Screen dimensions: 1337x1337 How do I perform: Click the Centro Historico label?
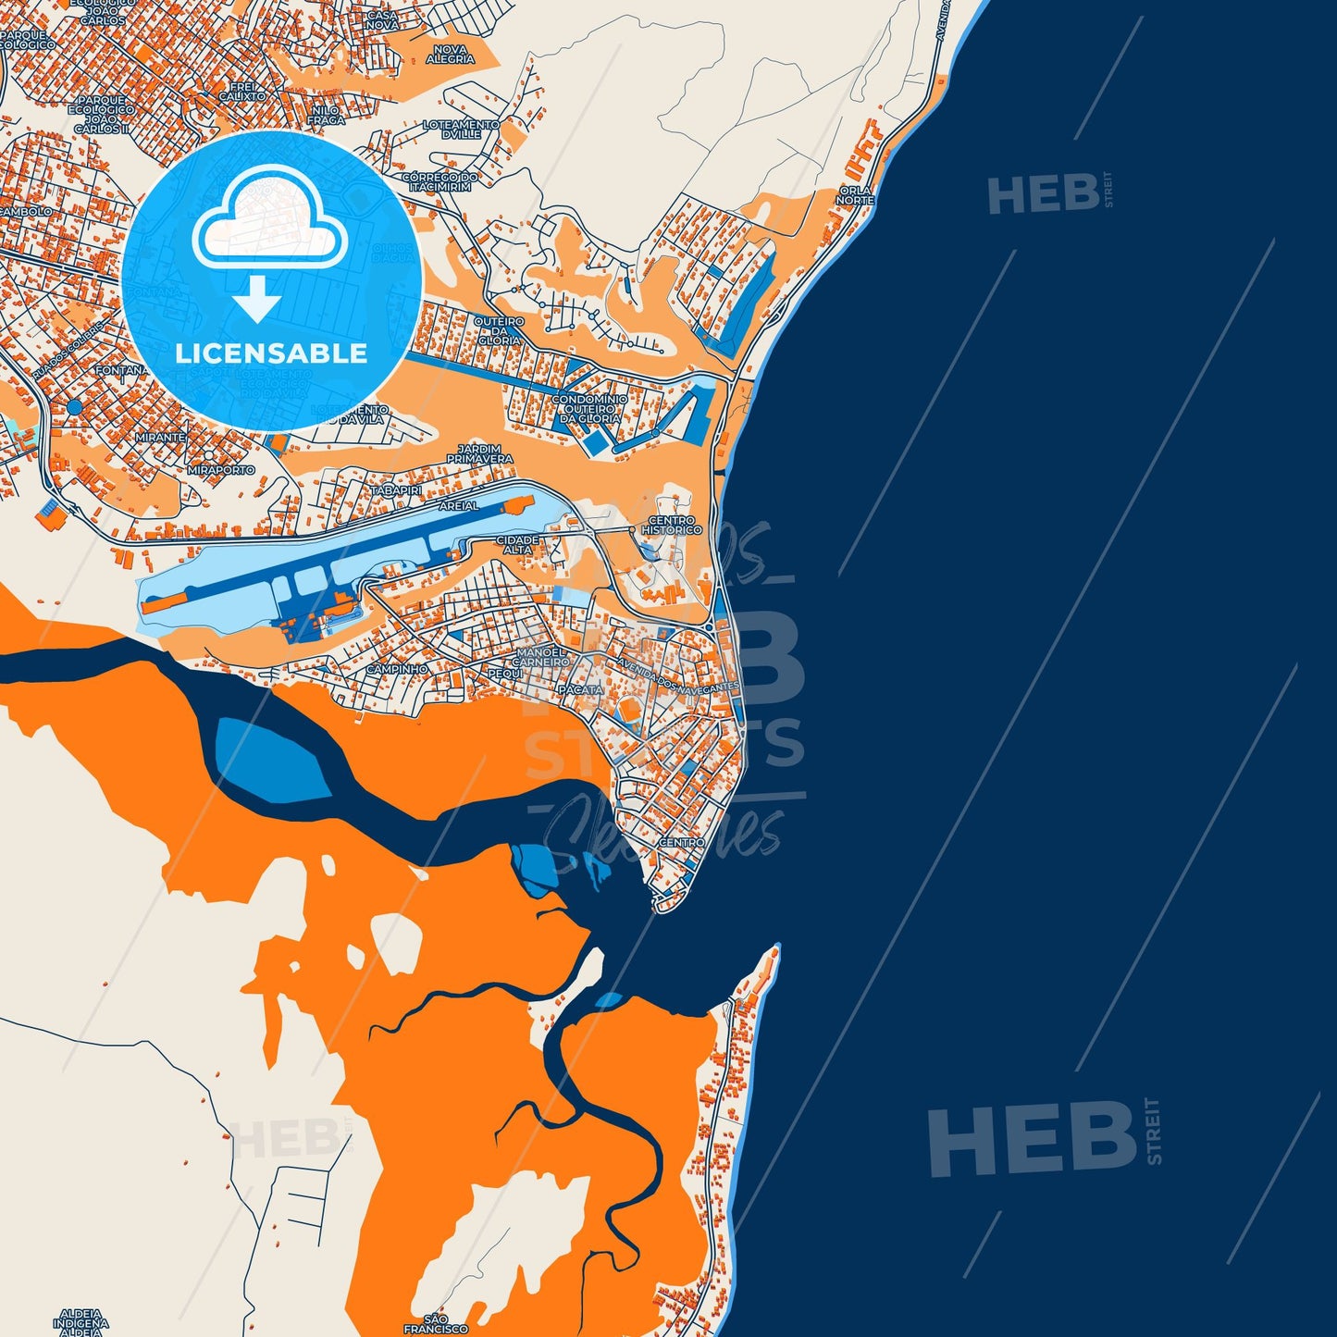[674, 526]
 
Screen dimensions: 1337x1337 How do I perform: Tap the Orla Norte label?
[854, 195]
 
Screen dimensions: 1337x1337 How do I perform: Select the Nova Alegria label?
[451, 55]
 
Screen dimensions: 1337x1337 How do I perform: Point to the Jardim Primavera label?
[479, 454]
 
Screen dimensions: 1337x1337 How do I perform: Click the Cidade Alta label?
[517, 544]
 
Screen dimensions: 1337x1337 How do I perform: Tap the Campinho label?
[397, 669]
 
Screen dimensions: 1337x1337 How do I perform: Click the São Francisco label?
[436, 1323]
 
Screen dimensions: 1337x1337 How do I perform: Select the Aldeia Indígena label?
[80, 1318]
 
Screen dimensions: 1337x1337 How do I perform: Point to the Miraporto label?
[220, 470]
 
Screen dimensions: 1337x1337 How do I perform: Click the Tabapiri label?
[396, 489]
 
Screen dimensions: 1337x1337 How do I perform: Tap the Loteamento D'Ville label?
[461, 129]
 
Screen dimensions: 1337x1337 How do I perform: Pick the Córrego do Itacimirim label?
[439, 181]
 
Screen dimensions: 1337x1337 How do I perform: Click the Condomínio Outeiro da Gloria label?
[589, 409]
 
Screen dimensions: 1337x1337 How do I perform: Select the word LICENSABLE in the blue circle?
[271, 353]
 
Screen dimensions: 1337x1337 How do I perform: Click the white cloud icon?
[269, 222]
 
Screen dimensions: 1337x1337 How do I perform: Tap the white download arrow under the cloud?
[256, 298]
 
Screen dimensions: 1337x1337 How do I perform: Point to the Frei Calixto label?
[242, 91]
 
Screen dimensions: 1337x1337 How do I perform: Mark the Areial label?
[459, 506]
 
